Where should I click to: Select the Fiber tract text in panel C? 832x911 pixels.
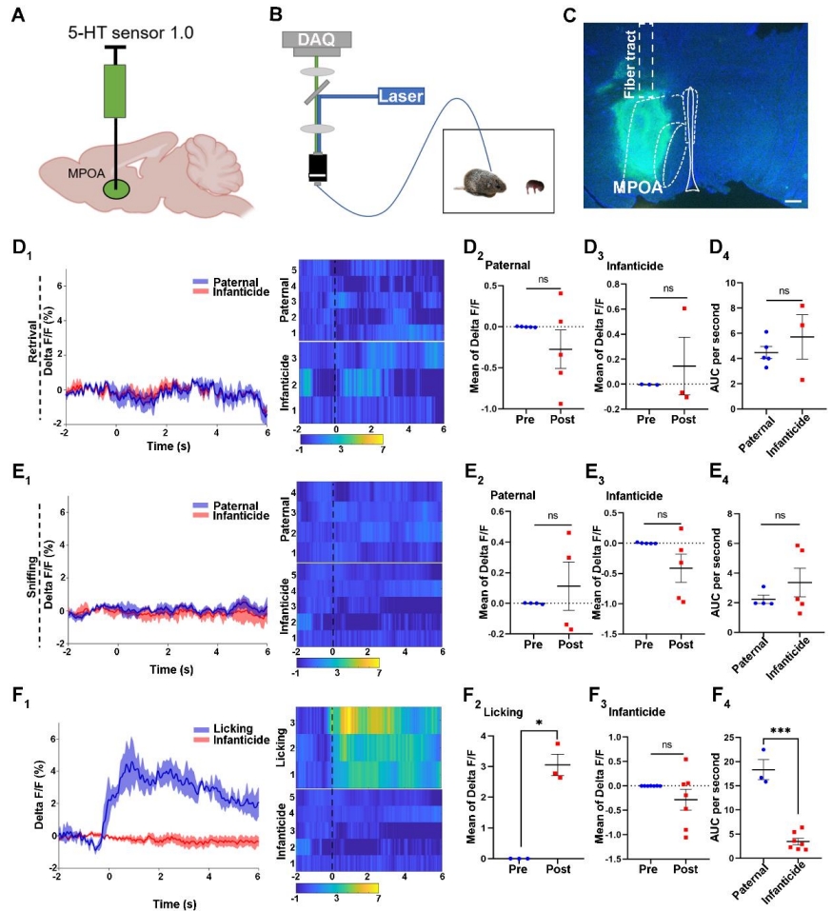(x=628, y=63)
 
